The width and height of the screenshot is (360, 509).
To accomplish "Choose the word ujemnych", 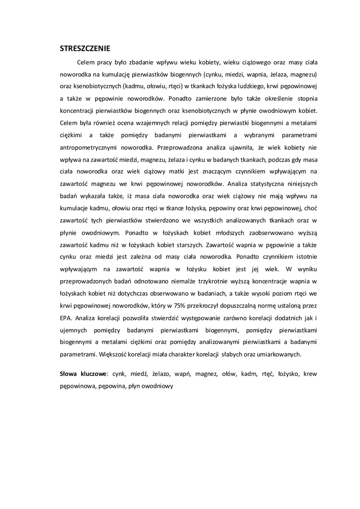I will (x=74, y=330).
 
